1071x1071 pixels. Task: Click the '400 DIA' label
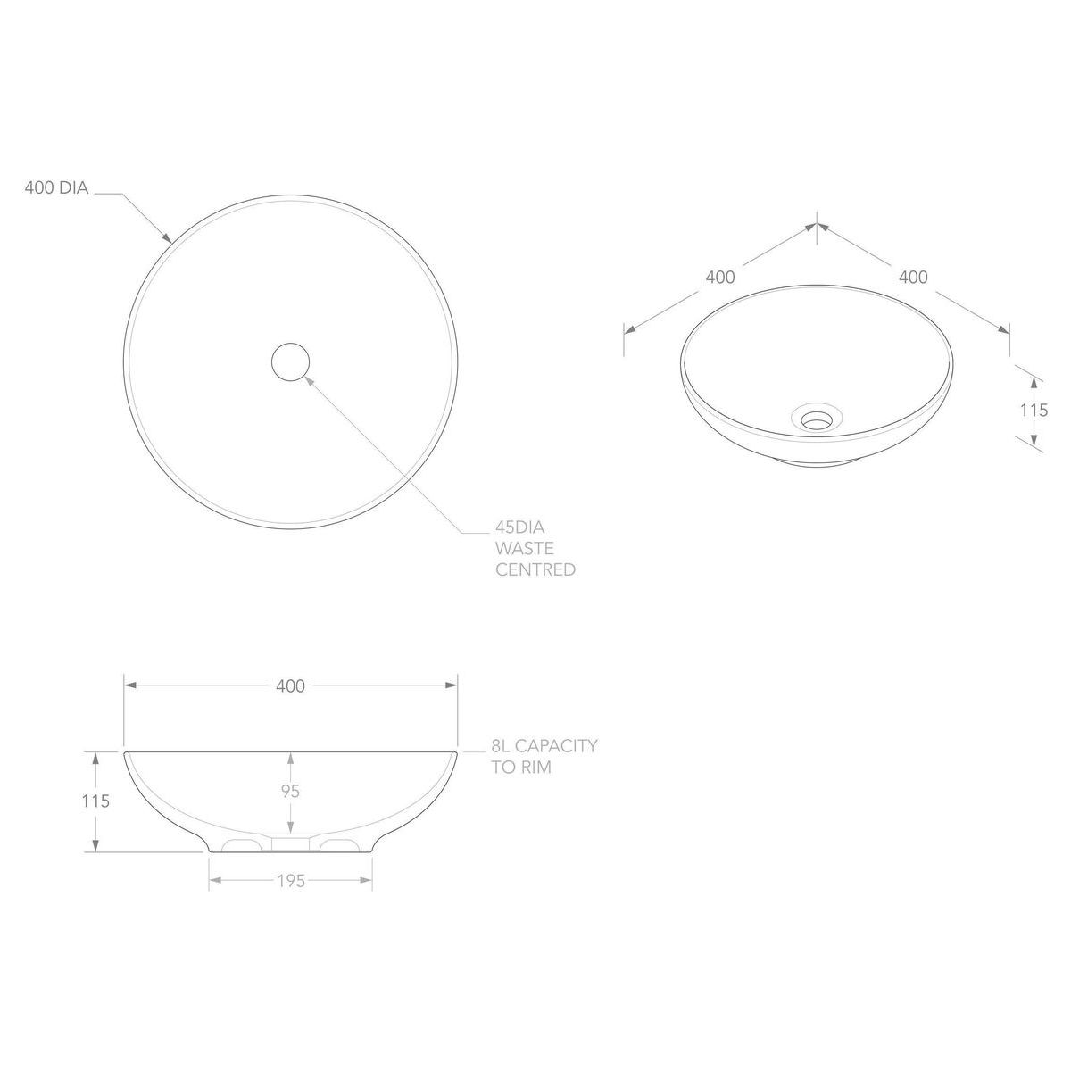(x=56, y=187)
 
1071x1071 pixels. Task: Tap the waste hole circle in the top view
(x=290, y=361)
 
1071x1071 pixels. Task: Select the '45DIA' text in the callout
(x=519, y=527)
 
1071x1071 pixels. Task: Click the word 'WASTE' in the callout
(x=525, y=549)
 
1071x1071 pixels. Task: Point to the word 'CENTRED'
(x=535, y=569)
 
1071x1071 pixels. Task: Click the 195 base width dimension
(x=291, y=881)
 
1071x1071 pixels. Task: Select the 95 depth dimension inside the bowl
(x=291, y=791)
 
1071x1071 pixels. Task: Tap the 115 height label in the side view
(x=95, y=801)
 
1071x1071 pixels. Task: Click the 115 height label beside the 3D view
(x=1034, y=411)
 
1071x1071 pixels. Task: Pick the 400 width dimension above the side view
(x=290, y=686)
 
